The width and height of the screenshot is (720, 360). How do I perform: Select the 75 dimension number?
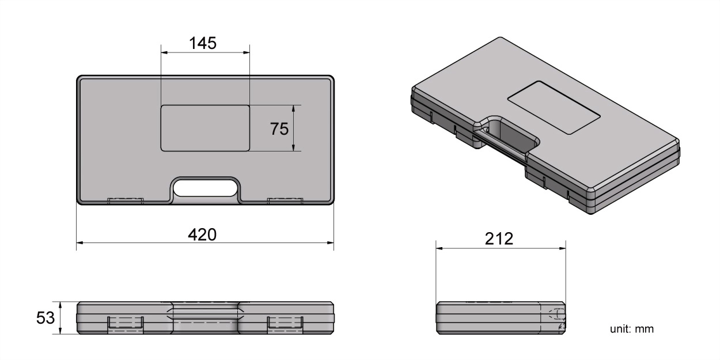pos(279,129)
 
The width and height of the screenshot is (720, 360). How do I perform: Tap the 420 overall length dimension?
pos(203,234)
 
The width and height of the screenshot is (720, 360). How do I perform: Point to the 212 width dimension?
pos(499,238)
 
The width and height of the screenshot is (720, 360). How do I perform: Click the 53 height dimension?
pos(46,318)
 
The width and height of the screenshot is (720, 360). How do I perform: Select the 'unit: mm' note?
pos(632,329)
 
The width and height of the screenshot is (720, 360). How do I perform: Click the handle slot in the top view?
pos(205,187)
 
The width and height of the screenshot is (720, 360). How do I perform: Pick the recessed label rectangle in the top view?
pos(205,128)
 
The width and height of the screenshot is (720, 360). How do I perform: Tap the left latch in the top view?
pos(125,200)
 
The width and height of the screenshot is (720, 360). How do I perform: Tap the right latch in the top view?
pos(285,200)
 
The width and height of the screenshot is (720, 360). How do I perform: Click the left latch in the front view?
pos(125,324)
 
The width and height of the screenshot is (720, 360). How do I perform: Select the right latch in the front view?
pos(285,324)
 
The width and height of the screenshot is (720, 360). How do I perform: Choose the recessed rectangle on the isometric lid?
pos(554,108)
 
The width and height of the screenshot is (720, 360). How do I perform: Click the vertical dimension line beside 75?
pos(294,128)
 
